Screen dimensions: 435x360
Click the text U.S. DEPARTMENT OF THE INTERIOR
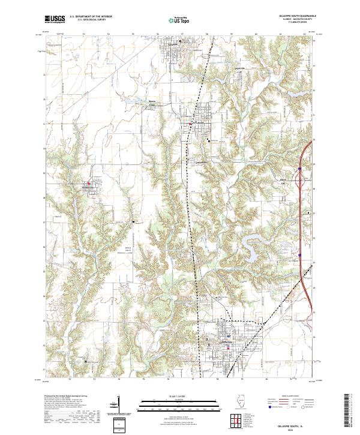point(91,17)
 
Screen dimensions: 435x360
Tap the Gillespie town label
point(175,44)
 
